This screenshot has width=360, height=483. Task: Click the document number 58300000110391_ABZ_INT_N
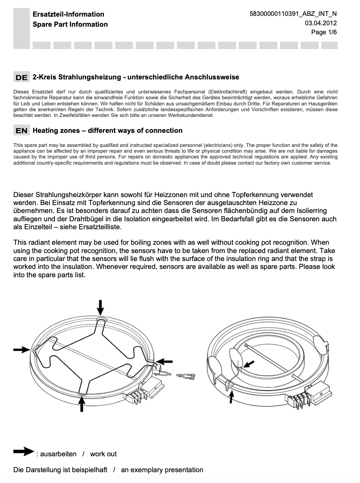[293, 14]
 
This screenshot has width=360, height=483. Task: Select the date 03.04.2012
[321, 23]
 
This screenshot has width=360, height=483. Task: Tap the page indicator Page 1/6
[324, 32]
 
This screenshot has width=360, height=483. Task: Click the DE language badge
[22, 77]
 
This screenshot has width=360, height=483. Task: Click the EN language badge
[22, 131]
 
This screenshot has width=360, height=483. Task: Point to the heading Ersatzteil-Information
[68, 14]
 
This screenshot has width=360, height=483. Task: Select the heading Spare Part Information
[70, 25]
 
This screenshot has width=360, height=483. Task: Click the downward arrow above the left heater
[101, 307]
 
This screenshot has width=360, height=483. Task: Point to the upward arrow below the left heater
[82, 404]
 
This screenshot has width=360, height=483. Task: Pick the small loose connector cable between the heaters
[186, 377]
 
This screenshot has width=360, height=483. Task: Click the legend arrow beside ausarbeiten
[23, 451]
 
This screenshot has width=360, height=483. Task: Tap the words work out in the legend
[103, 454]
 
